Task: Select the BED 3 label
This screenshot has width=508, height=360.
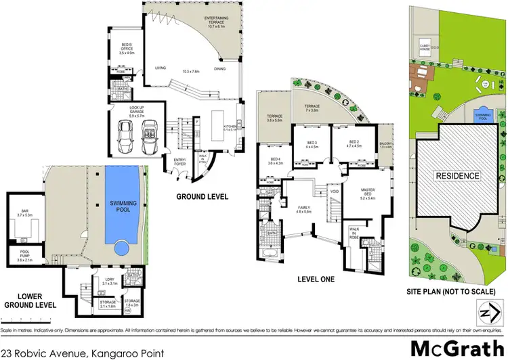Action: [x=312, y=144]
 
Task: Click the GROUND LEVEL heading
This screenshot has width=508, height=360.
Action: [x=203, y=197]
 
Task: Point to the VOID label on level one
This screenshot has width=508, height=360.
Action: [x=334, y=191]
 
